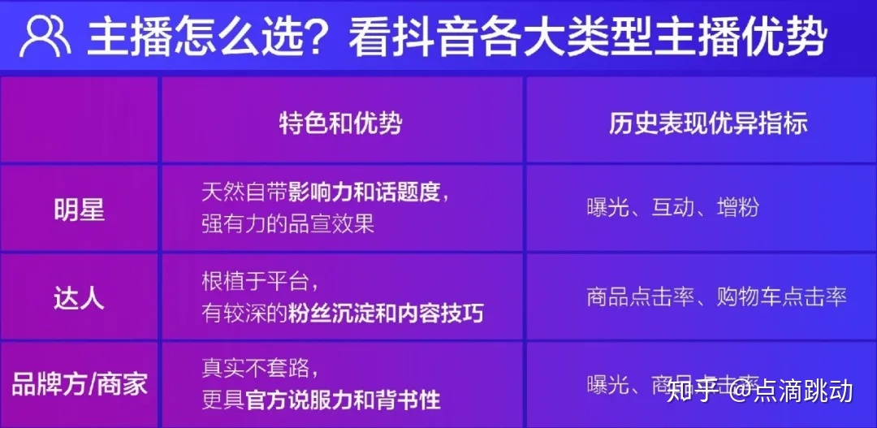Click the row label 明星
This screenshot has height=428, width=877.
[79, 210]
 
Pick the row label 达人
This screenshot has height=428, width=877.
[79, 297]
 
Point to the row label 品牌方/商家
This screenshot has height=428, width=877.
[79, 383]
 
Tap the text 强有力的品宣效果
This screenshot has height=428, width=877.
[287, 223]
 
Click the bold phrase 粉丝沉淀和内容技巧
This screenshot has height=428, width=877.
[385, 313]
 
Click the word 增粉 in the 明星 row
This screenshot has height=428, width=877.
[738, 207]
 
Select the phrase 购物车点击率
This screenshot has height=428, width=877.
[782, 296]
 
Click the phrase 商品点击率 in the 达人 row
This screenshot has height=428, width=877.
[641, 296]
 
